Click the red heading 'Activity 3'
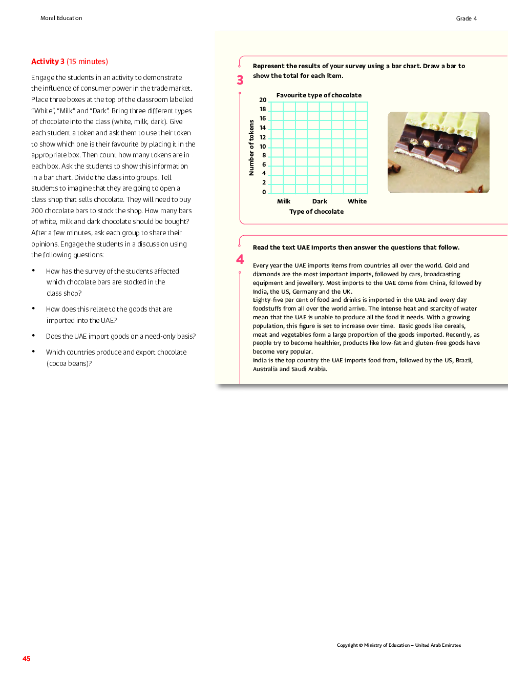pos(48,61)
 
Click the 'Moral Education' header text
pos(61,18)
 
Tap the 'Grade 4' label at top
pos(466,18)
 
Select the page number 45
pos(27,659)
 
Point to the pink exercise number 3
pos(240,80)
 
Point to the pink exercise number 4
pos(240,259)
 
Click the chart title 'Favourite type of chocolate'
pos(319,95)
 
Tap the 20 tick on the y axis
pos(263,100)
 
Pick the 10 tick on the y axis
pos(263,147)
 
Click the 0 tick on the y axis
pos(264,192)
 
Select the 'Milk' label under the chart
pos(284,201)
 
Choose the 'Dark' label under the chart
pos(320,201)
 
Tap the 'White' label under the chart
pos(357,201)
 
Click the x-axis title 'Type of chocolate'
pos(316,212)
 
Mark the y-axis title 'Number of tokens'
pos(251,148)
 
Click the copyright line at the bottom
pos(398,645)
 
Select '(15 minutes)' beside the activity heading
pos(87,61)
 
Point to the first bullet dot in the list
pos(33,271)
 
